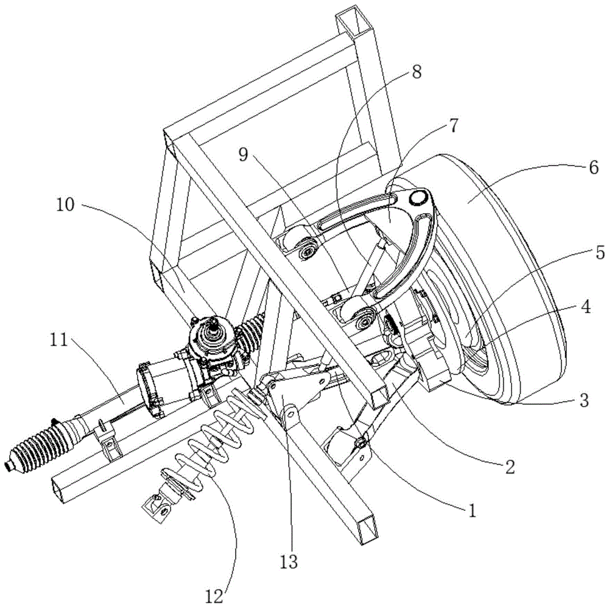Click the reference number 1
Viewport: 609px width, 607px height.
[472, 511]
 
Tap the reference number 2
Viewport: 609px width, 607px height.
[510, 466]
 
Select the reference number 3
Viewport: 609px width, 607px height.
[585, 399]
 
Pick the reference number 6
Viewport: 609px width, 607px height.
[594, 168]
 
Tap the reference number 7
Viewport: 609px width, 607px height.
[453, 126]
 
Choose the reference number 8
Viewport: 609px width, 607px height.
[416, 72]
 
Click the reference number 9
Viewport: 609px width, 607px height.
[243, 155]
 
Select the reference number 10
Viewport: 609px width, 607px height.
[65, 205]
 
